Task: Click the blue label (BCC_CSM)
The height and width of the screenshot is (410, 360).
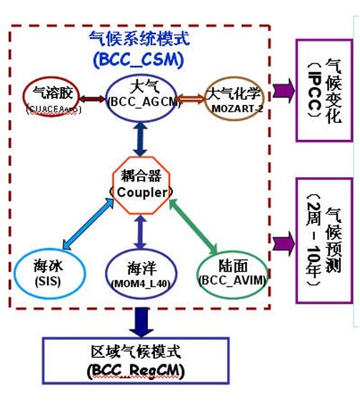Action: click(138, 59)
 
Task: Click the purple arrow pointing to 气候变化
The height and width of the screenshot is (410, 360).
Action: click(283, 91)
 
